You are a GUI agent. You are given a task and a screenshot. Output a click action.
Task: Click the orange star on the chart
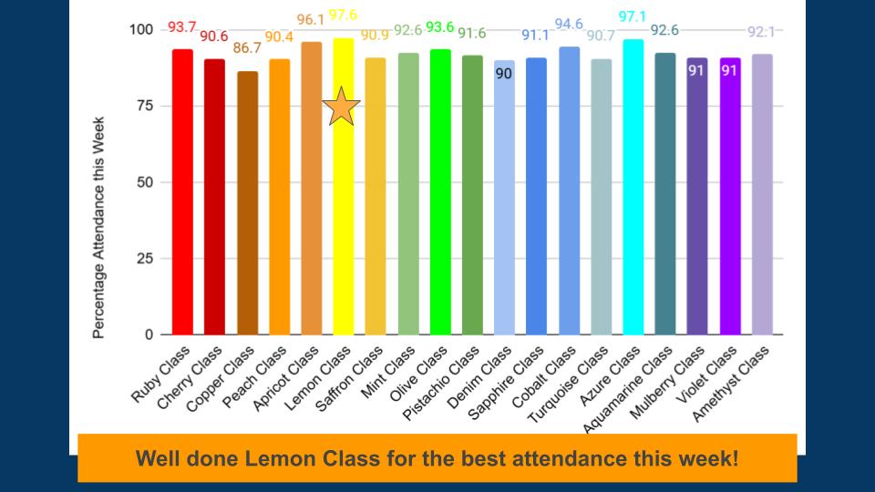[342, 107]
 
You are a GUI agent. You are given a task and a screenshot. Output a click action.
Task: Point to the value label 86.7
[247, 47]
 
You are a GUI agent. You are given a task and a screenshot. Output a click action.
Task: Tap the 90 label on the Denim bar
[504, 74]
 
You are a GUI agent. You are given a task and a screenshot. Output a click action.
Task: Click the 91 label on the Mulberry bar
[697, 71]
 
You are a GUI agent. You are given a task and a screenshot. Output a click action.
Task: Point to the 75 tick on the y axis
[142, 106]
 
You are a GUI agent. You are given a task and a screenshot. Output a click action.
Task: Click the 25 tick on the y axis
[142, 259]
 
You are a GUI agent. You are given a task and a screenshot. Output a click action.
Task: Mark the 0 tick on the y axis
[148, 335]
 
